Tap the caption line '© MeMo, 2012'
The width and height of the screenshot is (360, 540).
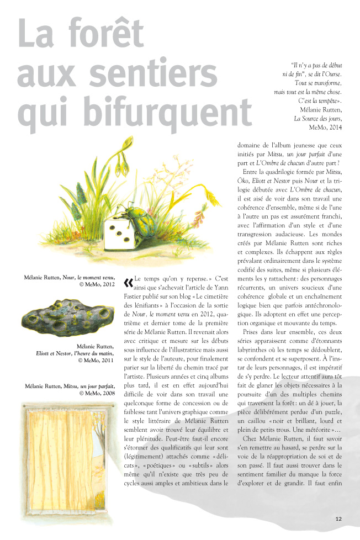(97, 284)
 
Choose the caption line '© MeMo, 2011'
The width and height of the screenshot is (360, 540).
(97, 360)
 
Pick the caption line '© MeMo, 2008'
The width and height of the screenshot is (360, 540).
(97, 394)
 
